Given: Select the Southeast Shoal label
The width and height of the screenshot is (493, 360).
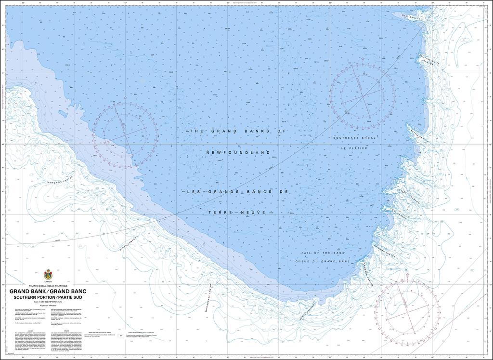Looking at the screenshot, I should click(354, 138).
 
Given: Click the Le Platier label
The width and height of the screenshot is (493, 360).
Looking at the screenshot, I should click(354, 148).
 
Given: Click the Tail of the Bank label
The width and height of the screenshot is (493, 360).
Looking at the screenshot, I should click(321, 253).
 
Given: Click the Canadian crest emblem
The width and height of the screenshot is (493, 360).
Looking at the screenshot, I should click(48, 274).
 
